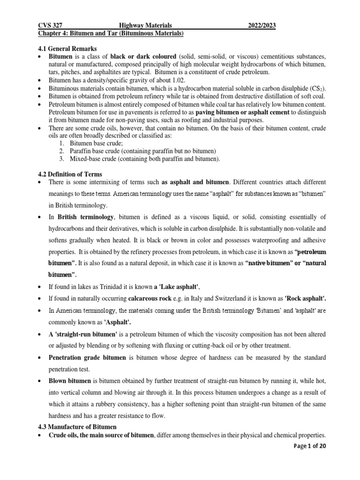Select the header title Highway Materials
point(146,26)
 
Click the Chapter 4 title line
point(110,34)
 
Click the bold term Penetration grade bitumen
point(87,358)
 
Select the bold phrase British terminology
point(85,217)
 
